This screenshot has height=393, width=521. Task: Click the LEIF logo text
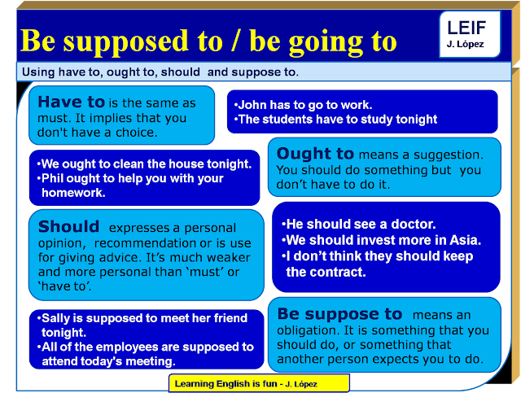click(466, 28)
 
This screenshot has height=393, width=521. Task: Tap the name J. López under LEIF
click(465, 44)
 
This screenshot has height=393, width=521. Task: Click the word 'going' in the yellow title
click(326, 43)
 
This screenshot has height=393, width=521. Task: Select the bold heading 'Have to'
click(72, 102)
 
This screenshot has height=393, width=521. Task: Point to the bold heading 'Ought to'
click(315, 154)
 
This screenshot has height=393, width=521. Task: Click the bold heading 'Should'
click(68, 226)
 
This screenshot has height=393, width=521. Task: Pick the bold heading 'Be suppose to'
click(339, 314)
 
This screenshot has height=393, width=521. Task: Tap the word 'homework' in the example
click(73, 193)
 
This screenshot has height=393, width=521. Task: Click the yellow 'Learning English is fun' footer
click(259, 383)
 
